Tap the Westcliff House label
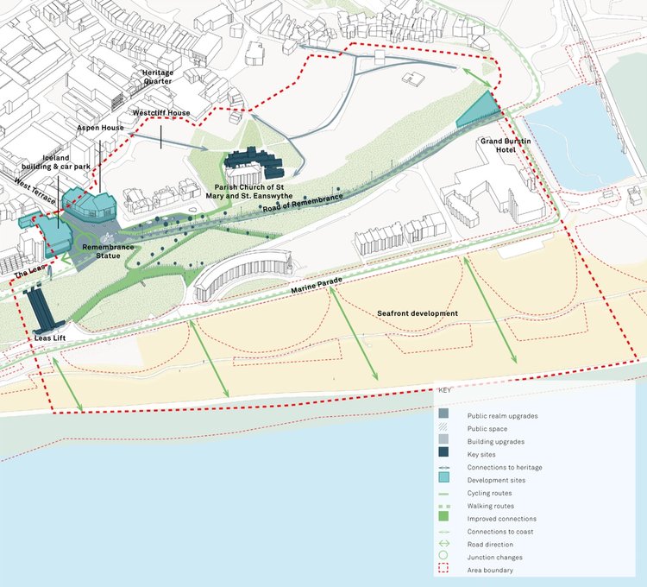click(x=160, y=113)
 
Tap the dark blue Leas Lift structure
click(x=38, y=311)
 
